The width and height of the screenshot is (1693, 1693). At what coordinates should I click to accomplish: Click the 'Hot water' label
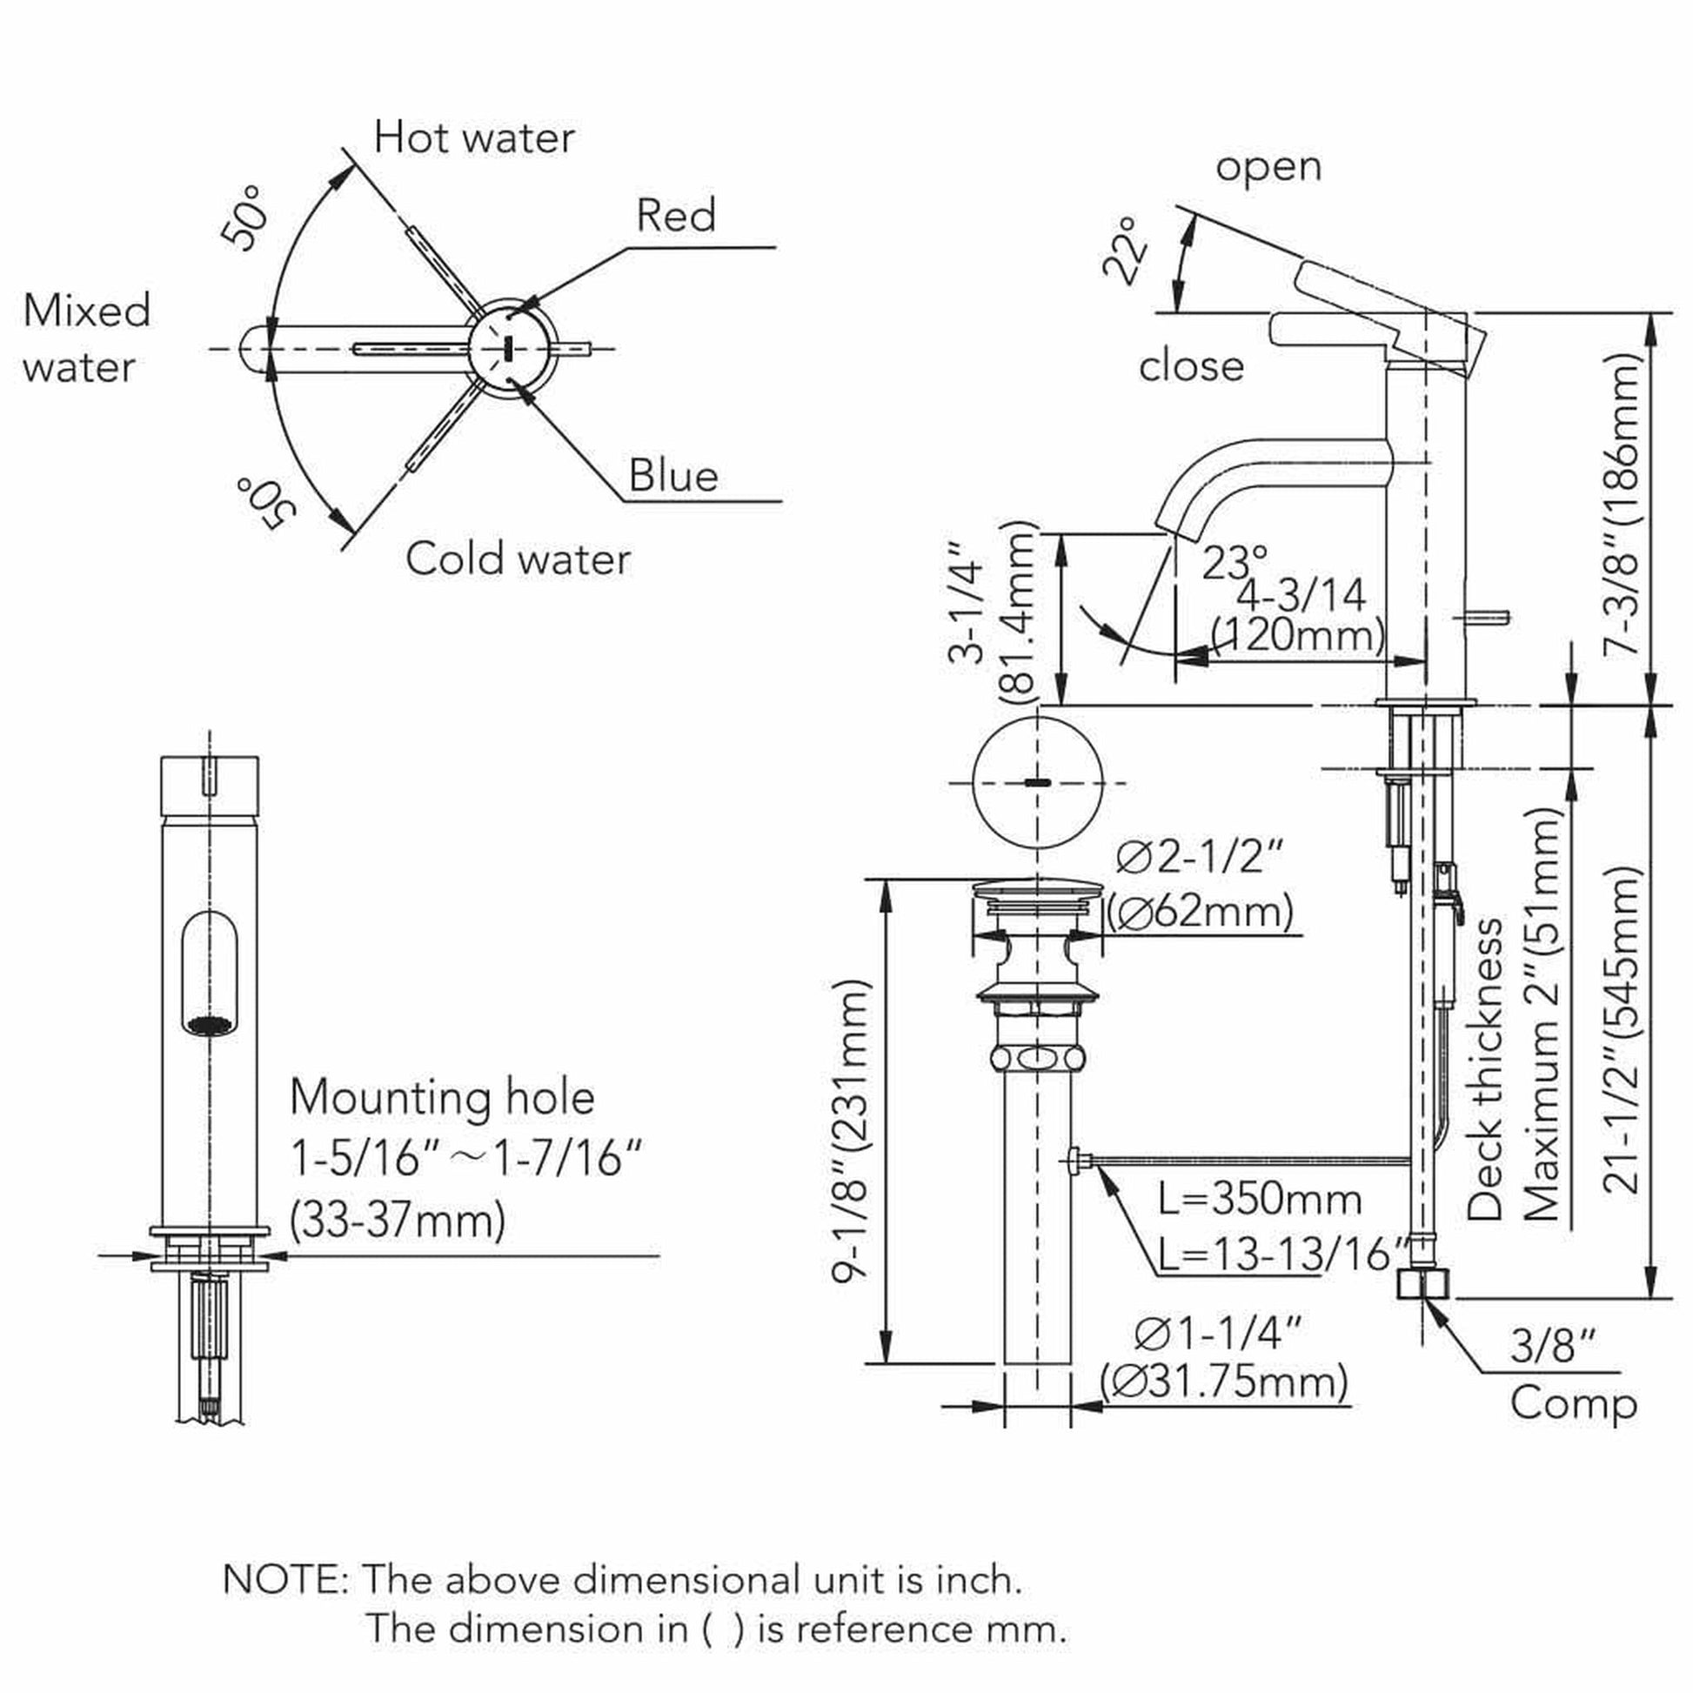coord(474,137)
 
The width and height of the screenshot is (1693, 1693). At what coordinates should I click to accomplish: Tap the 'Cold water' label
coord(517,559)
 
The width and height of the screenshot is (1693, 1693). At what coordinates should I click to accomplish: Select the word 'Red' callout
coord(676,215)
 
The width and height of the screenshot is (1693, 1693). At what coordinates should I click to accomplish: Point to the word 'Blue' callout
coord(673,476)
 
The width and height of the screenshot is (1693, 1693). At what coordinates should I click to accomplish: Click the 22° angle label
coord(1126,251)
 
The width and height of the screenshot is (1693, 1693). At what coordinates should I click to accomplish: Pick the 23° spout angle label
coord(1235,564)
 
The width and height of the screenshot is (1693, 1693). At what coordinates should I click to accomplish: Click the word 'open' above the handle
coord(1268,165)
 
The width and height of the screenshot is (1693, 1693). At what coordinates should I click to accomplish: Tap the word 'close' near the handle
coord(1191,365)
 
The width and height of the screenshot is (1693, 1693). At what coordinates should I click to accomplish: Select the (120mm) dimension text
coord(1297,633)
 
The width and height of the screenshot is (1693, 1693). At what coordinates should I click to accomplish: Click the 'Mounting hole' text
coord(442,1097)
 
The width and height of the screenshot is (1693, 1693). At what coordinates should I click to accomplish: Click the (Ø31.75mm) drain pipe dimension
coord(1224,1382)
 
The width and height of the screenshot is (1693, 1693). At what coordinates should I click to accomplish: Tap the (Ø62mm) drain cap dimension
coord(1200,913)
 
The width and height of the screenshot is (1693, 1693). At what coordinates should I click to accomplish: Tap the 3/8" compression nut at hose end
coord(1423,1285)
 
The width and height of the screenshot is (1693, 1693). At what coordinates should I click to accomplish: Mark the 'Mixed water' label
coord(86,338)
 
